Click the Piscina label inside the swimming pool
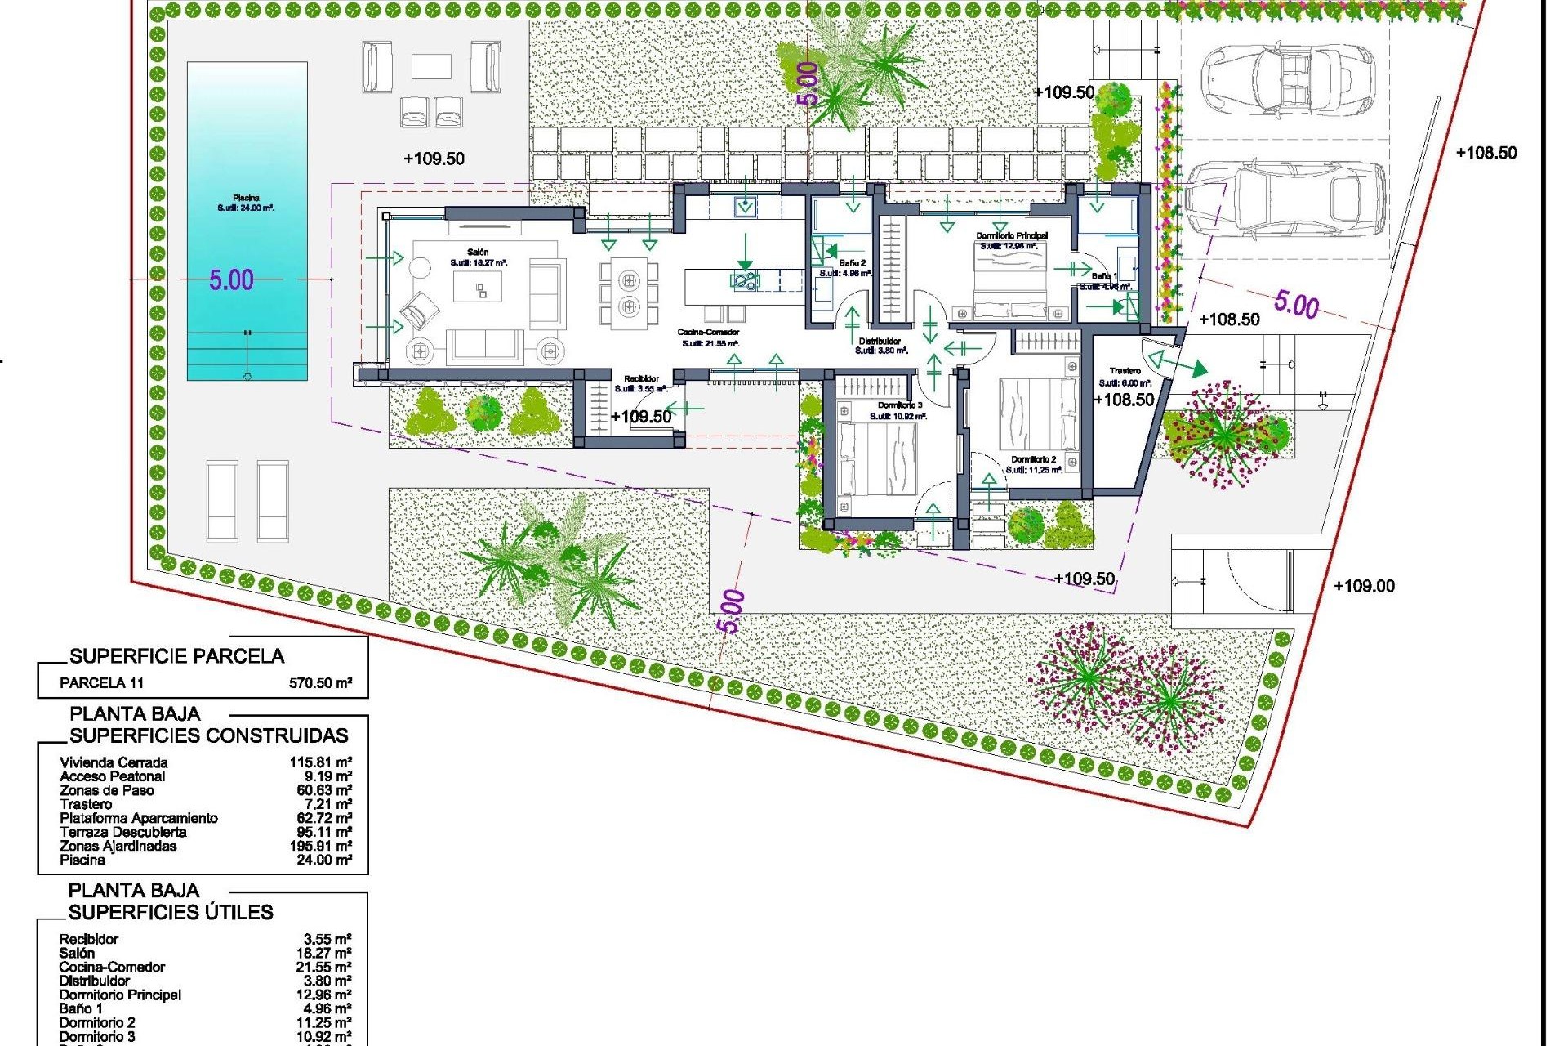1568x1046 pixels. (246, 198)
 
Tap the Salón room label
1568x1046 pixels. (478, 253)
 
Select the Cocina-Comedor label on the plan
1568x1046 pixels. (708, 333)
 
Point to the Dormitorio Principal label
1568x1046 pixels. (1011, 235)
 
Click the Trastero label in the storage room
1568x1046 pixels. (1125, 371)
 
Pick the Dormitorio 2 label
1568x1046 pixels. (1033, 459)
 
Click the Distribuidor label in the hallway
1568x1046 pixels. (880, 341)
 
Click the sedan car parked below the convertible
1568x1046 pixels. (1285, 199)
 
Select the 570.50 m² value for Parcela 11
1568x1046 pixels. (320, 683)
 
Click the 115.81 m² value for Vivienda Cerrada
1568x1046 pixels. (320, 762)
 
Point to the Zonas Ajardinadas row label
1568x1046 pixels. (118, 846)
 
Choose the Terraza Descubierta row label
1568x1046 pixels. (122, 832)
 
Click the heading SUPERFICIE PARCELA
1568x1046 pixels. (176, 656)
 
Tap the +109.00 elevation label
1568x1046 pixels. (1364, 586)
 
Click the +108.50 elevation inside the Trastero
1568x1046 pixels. (1124, 400)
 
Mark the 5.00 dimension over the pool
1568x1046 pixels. (231, 280)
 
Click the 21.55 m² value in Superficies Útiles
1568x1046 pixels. (323, 967)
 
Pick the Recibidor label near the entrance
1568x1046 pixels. (641, 378)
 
